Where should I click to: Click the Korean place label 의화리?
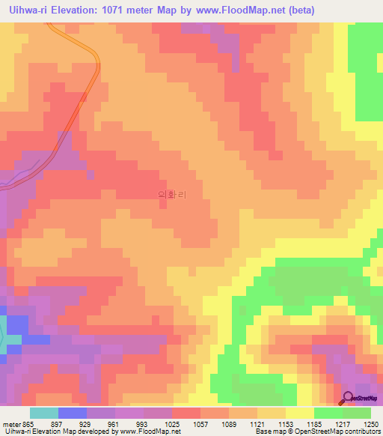[172, 195]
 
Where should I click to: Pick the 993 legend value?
[144, 424]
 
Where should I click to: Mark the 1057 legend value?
[201, 424]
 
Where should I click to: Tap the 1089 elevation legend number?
[230, 424]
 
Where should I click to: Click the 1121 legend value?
[258, 424]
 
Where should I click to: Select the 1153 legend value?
[287, 424]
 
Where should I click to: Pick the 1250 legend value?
[371, 424]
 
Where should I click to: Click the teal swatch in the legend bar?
[43, 413]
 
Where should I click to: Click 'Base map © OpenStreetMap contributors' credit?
[317, 432]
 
